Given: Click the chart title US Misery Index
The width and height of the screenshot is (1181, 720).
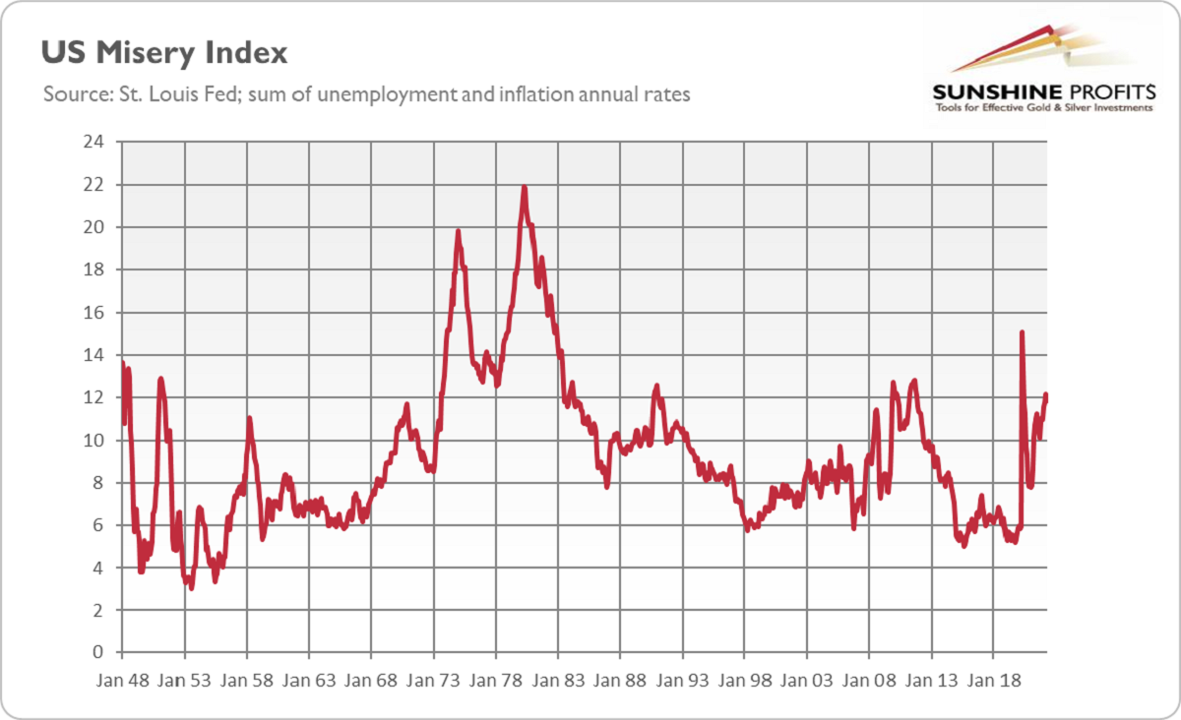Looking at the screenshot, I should [163, 51].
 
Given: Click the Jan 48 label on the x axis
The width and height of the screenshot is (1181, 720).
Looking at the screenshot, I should [122, 679].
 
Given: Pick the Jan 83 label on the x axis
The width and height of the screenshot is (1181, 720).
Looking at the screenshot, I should [558, 679].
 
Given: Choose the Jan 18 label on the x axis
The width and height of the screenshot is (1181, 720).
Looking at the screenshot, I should [993, 679].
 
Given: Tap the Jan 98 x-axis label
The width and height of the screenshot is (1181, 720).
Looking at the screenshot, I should [744, 679].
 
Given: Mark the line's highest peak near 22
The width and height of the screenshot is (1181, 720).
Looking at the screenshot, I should [524, 187].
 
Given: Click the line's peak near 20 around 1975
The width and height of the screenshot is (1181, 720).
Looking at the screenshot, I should [458, 231].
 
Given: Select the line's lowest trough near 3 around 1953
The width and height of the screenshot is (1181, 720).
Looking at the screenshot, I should [190, 587].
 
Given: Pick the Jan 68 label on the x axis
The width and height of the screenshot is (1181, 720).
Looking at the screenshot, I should [371, 679].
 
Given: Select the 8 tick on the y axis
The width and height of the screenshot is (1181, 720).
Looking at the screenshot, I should [99, 482].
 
